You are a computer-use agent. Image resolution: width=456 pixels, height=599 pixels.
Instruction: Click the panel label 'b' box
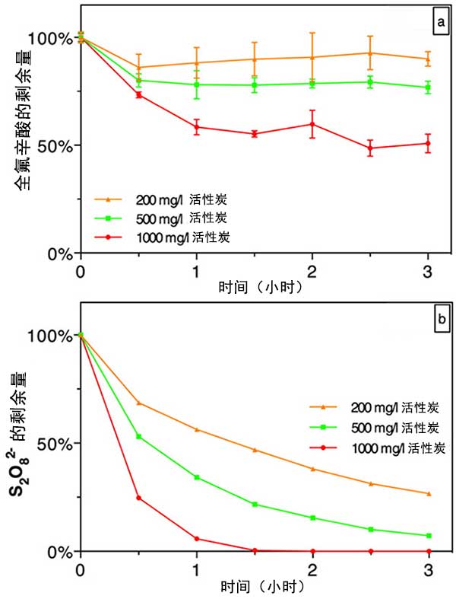click(x=439, y=320)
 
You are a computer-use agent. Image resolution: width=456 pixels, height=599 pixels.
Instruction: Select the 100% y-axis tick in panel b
click(x=53, y=336)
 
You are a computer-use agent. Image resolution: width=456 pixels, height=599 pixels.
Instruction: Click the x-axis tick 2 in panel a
click(x=312, y=272)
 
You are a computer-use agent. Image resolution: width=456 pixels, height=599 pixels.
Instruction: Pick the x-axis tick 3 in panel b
click(x=429, y=569)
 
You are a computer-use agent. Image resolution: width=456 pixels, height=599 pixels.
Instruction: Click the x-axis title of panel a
click(x=254, y=288)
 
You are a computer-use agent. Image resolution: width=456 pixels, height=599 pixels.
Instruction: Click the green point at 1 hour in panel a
click(x=196, y=84)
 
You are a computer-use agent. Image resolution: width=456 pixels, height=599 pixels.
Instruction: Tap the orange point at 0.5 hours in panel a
click(x=138, y=68)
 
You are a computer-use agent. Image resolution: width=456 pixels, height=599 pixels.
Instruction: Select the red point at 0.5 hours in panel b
click(x=138, y=498)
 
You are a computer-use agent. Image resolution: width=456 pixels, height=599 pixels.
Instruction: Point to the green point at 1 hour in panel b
click(x=196, y=477)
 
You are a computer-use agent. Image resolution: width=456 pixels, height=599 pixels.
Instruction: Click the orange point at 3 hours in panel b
click(x=429, y=494)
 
